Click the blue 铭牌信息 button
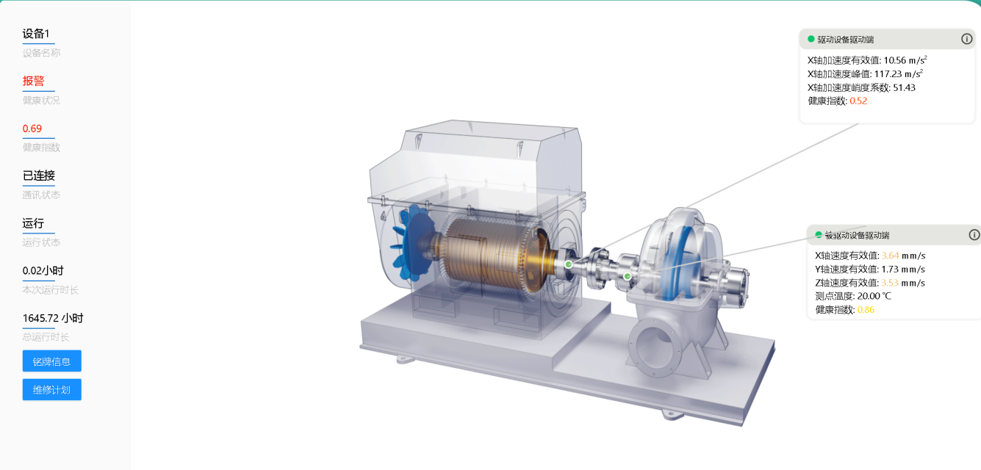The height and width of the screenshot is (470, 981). pos(51,361)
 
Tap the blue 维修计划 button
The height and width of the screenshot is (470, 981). pos(51,389)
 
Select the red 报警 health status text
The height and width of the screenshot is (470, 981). pos(34,81)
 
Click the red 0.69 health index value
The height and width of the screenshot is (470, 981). pos(32,129)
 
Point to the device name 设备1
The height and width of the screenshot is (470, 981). pos(36,34)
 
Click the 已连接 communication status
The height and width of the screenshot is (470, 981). pos(39,176)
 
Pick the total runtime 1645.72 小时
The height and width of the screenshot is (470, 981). pos(53,318)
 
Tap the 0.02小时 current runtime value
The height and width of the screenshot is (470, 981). pos(43,270)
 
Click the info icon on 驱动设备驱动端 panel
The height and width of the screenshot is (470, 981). pos(966,39)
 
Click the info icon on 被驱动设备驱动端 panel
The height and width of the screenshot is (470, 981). pos(974,235)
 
